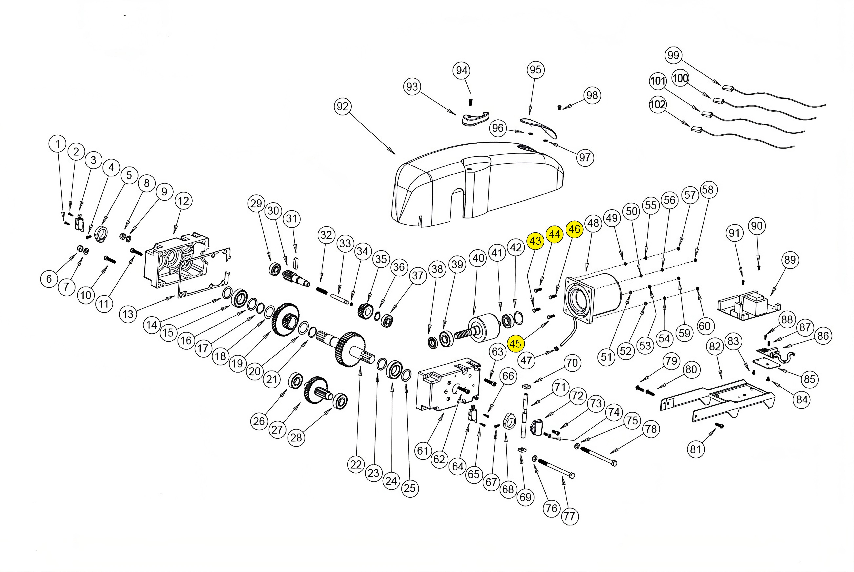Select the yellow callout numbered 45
pyautogui.click(x=515, y=344)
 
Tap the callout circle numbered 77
pyautogui.click(x=570, y=516)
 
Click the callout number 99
pyautogui.click(x=673, y=55)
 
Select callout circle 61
pyautogui.click(x=422, y=451)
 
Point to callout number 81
pyautogui.click(x=695, y=449)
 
